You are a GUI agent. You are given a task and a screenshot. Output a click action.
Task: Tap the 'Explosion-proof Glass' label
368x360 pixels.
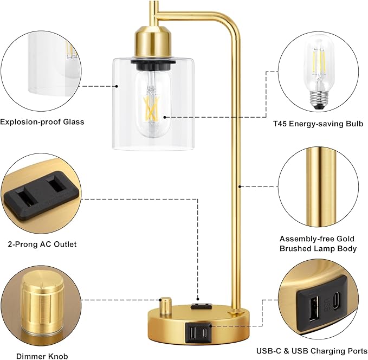tap(42, 121)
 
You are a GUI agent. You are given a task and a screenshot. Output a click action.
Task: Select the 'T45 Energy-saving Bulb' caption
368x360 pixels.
tap(318, 124)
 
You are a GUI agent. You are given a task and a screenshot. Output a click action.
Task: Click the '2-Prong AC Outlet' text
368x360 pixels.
tap(42, 244)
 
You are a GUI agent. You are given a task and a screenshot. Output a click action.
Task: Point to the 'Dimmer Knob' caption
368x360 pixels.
tap(42, 356)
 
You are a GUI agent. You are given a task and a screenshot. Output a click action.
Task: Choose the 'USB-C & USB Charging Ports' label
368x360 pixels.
tap(312, 351)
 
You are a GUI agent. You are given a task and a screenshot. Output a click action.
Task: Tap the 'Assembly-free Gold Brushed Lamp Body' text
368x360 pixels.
tap(318, 243)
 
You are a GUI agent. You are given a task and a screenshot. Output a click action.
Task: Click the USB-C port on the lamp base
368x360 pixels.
tap(205, 332)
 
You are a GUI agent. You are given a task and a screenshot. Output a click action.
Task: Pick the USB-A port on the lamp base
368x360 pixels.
tap(192, 332)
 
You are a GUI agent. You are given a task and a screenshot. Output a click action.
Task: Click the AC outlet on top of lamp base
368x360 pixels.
tap(202, 306)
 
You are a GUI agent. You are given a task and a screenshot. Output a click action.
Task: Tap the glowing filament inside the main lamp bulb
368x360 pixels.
tap(152, 108)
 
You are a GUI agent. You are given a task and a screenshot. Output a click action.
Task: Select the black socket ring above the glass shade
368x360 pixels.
tap(153, 65)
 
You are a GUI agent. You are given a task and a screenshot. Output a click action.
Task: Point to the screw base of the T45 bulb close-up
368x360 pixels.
tap(319, 100)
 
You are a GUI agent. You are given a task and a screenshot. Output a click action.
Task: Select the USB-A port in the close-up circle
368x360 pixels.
tap(314, 308)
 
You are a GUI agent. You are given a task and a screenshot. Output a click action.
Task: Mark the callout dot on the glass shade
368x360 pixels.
tap(117, 86)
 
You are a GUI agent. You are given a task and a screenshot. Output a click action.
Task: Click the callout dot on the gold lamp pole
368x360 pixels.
tap(240, 187)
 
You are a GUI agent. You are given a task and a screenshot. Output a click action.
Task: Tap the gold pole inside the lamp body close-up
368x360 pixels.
tap(321, 187)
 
